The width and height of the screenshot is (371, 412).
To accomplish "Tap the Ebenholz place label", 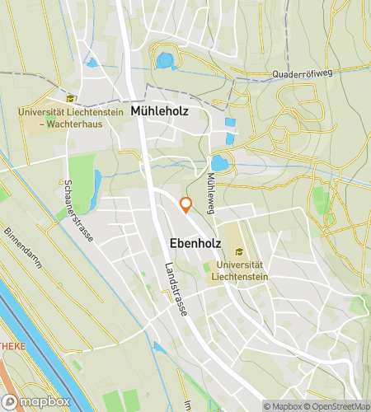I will pos(195,243).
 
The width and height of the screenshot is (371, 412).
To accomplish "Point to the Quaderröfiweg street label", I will pos(300,74).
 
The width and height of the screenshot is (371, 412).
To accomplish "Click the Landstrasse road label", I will pos(176,289).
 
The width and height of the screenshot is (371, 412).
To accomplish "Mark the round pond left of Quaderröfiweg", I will pos(166,60).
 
